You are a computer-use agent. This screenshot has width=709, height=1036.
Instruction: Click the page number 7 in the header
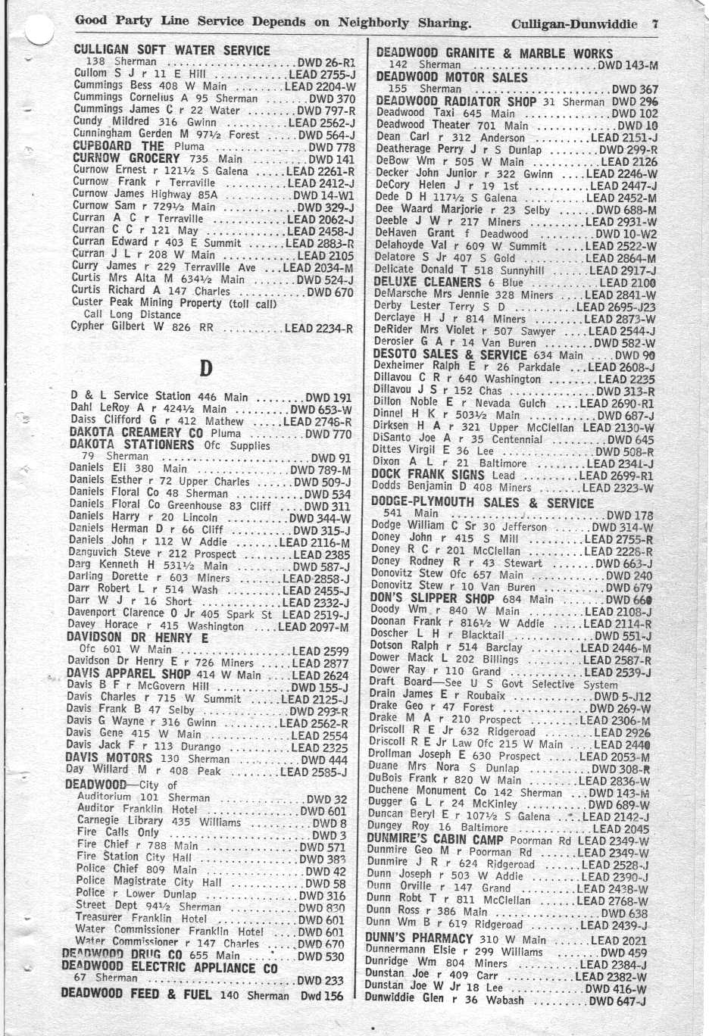[x=654, y=23]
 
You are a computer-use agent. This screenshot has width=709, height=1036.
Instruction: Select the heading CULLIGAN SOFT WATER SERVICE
[x=172, y=50]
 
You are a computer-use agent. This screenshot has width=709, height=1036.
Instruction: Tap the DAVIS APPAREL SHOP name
[x=128, y=675]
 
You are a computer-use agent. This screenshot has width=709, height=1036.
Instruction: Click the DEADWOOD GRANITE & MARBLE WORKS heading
[x=495, y=53]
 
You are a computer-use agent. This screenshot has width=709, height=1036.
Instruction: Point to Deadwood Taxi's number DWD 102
[x=634, y=114]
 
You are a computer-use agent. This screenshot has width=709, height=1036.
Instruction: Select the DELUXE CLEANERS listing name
[x=429, y=282]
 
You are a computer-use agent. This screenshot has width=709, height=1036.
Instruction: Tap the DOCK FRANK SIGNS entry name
[x=429, y=476]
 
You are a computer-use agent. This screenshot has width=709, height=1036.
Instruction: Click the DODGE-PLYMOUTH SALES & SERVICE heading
[x=483, y=503]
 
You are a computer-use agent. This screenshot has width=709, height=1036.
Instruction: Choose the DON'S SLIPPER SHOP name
[x=431, y=598]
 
